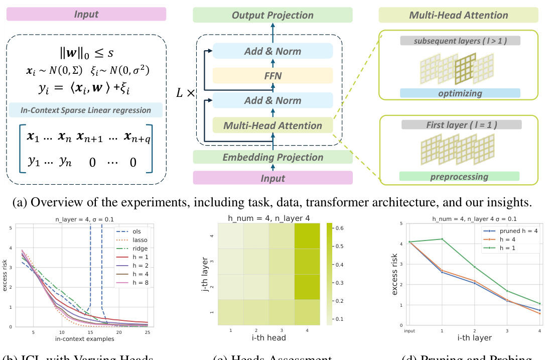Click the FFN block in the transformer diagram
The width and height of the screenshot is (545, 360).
point(272,75)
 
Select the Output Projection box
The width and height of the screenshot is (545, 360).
point(272,15)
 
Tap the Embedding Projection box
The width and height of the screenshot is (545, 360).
point(272,157)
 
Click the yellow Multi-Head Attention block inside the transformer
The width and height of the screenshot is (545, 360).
point(272,126)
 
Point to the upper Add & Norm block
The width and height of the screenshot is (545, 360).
point(272,51)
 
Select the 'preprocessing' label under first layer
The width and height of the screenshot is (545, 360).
point(459,176)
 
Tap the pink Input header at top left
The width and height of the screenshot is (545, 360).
point(86,14)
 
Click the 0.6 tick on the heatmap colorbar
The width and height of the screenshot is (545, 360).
point(339,228)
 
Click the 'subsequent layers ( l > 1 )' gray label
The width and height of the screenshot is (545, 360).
point(460,41)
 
